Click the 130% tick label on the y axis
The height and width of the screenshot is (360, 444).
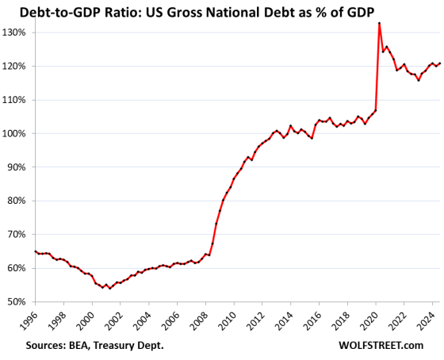16,33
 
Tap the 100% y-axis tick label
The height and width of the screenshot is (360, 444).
16,133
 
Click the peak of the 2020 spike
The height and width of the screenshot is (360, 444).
380,23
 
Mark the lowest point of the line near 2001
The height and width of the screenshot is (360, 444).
110,288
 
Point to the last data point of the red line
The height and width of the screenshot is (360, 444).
439,63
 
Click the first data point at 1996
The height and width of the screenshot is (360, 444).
36,251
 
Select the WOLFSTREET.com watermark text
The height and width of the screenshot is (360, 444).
387,346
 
